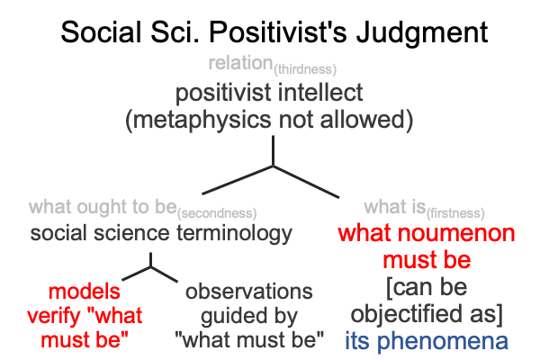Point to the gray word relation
click(x=240, y=63)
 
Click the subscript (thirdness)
click(x=305, y=69)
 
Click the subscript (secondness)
click(x=217, y=213)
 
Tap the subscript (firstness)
click(x=455, y=213)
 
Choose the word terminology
click(x=234, y=234)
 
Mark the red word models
click(x=85, y=292)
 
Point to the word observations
click(x=249, y=292)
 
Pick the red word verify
click(x=54, y=317)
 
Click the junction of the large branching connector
click(x=273, y=166)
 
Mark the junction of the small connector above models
click(x=150, y=266)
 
